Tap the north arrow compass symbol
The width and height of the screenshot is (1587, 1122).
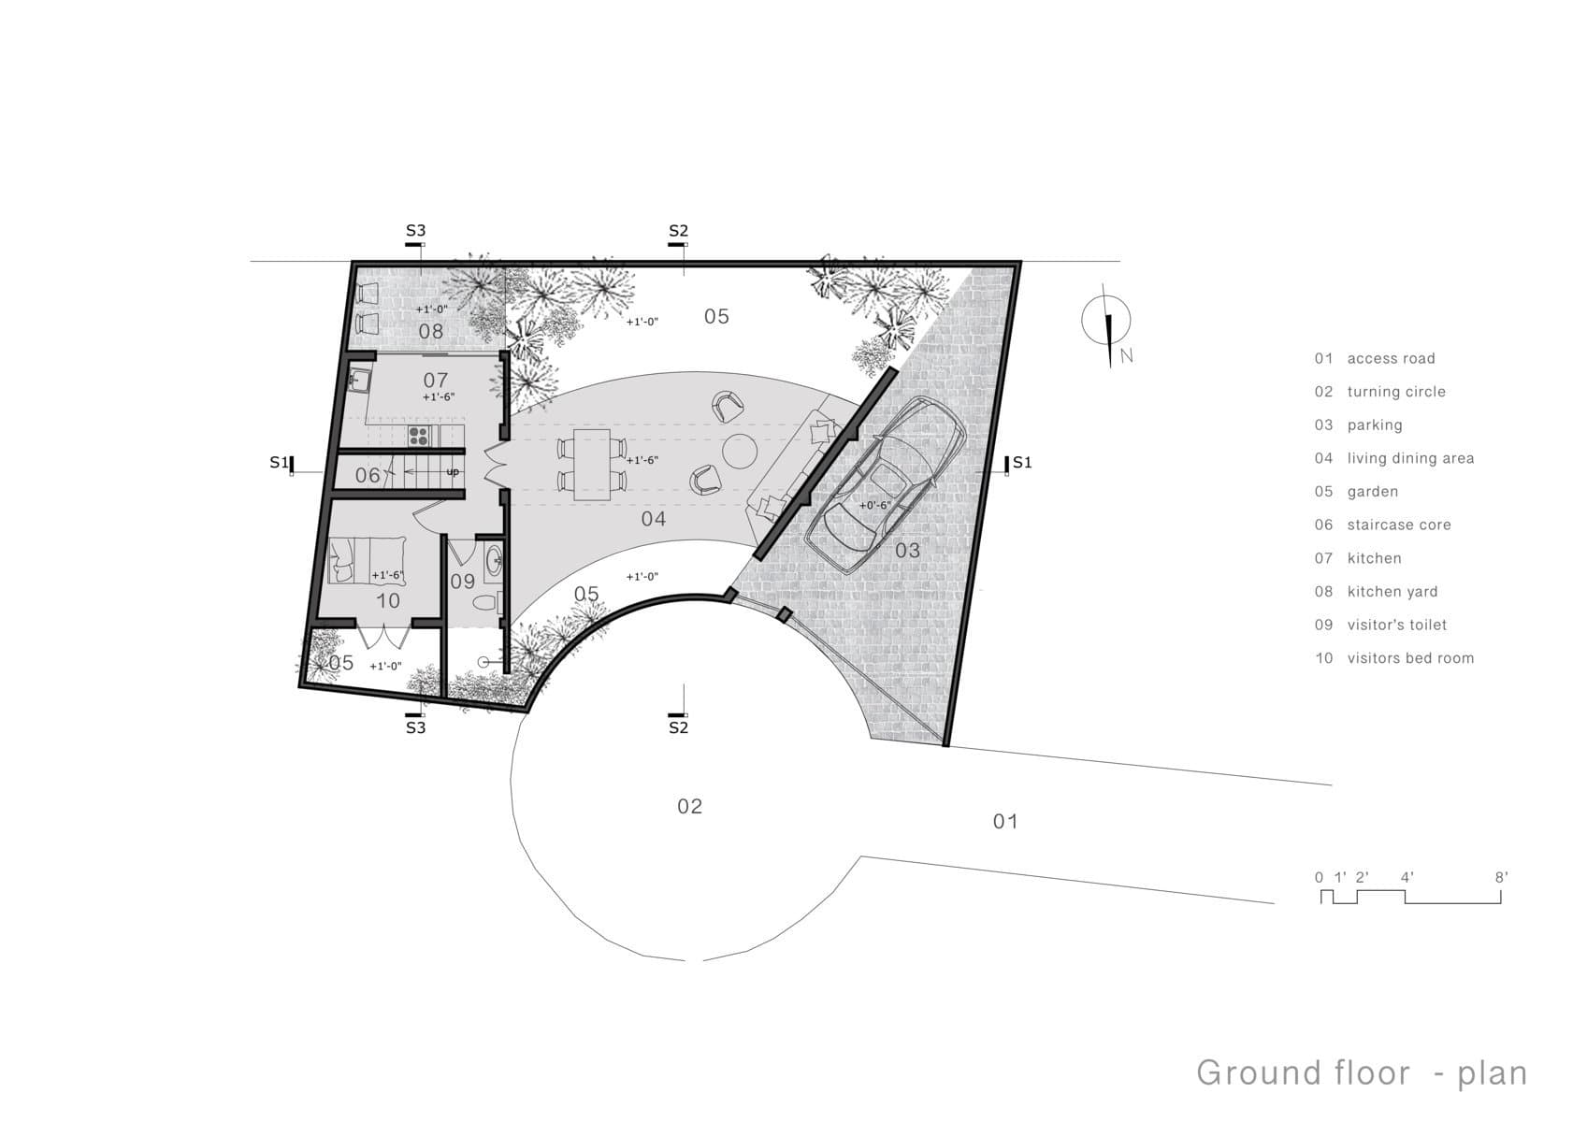click(x=1106, y=324)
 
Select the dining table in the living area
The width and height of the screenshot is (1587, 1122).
click(x=592, y=465)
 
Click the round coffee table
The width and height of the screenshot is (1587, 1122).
click(x=740, y=452)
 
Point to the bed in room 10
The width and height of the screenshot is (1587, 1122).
click(x=367, y=559)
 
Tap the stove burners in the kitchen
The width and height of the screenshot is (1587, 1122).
click(x=419, y=436)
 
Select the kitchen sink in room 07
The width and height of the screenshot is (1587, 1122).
click(x=359, y=380)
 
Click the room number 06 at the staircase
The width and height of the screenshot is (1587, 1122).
click(x=368, y=475)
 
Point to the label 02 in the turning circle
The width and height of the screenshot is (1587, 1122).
click(x=690, y=806)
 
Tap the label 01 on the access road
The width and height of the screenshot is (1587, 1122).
click(x=1005, y=822)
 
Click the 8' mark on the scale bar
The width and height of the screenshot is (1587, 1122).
click(x=1501, y=878)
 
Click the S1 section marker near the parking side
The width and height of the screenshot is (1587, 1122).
click(x=1018, y=463)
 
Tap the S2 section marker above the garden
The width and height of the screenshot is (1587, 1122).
click(x=678, y=235)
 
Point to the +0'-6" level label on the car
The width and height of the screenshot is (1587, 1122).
click(x=875, y=505)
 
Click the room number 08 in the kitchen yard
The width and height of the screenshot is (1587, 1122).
click(x=431, y=331)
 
